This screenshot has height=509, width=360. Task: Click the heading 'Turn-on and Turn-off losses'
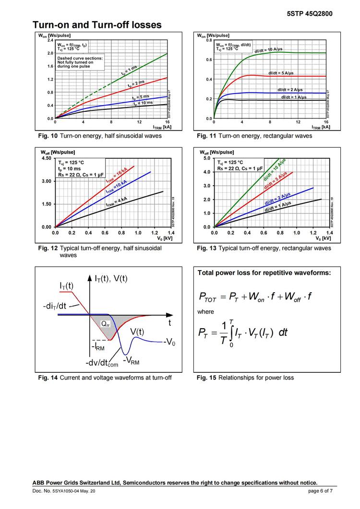pos(97,24)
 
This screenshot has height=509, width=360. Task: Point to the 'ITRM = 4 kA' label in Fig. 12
pos(117,201)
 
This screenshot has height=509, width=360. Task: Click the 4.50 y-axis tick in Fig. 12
pos(47,158)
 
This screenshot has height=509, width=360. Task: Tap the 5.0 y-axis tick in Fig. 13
pos(206,158)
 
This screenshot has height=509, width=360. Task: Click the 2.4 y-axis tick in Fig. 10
pos(50,40)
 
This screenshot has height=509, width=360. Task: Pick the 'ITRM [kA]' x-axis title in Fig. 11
pos(321,128)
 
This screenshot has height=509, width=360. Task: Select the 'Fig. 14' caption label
pos(48,378)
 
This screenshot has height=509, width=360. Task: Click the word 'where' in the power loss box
pos(206,312)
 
